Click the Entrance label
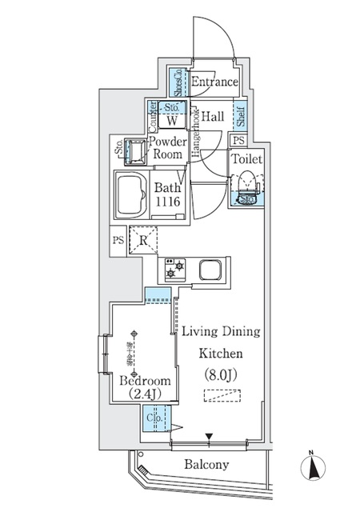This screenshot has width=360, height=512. (214, 82)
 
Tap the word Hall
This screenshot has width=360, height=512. (211, 117)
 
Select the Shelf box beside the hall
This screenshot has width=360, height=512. (240, 117)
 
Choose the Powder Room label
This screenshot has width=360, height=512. (168, 149)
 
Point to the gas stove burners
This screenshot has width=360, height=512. (174, 270)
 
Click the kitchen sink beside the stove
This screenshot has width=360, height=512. (211, 270)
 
